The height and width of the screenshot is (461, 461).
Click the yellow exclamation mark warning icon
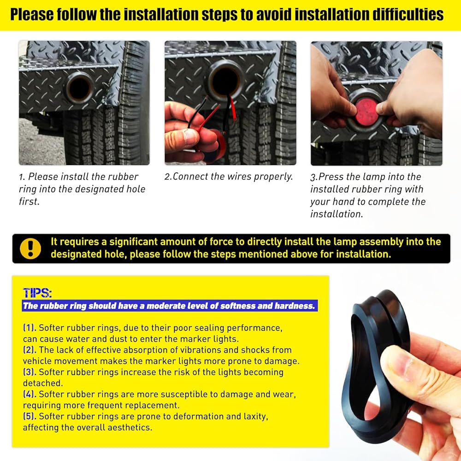[30, 248]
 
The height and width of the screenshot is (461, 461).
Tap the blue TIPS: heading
[37, 293]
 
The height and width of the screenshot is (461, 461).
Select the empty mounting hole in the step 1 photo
[79, 88]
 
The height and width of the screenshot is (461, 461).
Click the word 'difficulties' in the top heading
[408, 15]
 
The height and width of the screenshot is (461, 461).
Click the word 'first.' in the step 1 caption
[29, 201]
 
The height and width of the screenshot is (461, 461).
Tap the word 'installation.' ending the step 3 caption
[337, 214]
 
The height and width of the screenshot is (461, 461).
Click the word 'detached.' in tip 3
[43, 383]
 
